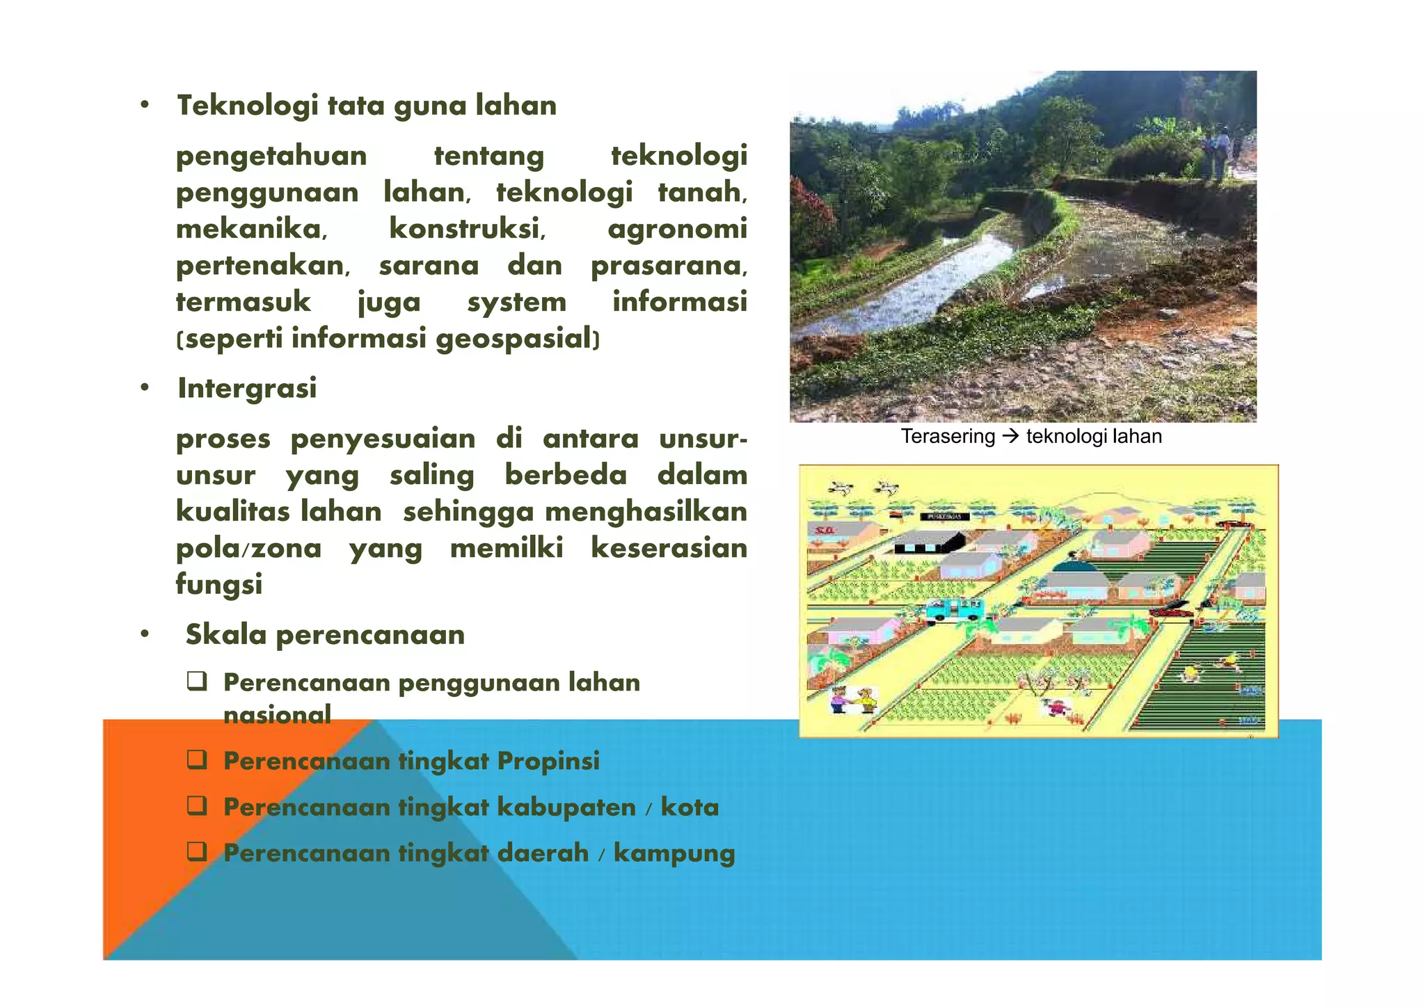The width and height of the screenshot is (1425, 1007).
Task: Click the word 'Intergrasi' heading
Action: point(247,388)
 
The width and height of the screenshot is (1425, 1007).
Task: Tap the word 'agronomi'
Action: point(677,229)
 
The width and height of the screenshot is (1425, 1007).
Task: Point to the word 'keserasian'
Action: point(669,548)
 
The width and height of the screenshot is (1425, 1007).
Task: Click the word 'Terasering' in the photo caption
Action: point(948,437)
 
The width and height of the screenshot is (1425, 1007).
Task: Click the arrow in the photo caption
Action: point(1010,437)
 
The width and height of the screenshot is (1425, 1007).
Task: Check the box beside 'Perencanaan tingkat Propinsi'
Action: point(197,760)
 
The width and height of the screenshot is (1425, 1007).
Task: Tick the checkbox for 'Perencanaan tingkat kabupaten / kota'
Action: point(197,806)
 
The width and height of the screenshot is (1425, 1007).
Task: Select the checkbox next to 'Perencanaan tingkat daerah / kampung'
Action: point(197,852)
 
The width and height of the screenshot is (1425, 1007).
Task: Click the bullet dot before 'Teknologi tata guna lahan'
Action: point(144,106)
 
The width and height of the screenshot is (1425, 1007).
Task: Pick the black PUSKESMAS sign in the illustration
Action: point(944,517)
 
